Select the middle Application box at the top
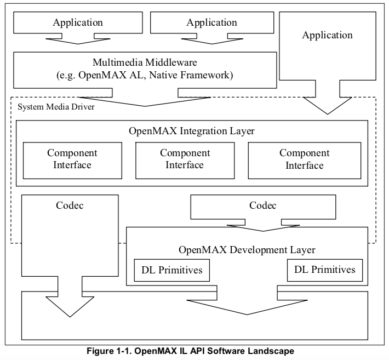tap(211, 23)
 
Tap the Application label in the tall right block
tap(328, 35)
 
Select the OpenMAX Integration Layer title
tap(192, 132)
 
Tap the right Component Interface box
tap(305, 159)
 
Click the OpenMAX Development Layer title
tap(247, 250)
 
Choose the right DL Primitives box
tap(324, 270)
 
